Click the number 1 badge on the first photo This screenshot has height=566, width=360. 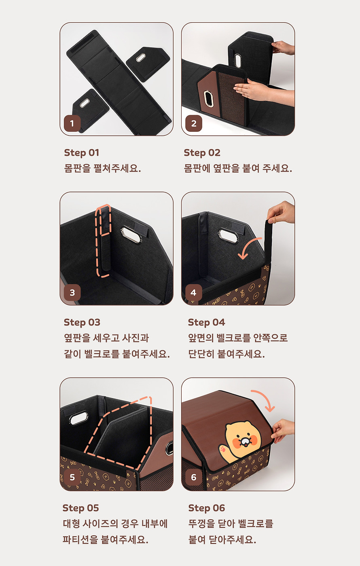72,124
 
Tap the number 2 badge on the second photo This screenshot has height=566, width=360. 194,124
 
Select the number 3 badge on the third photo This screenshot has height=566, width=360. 72,293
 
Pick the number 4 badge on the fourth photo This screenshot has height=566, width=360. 194,293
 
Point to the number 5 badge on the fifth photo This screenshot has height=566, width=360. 72,477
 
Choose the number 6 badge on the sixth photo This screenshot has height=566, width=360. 194,477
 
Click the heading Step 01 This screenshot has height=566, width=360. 81,153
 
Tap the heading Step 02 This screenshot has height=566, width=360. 202,153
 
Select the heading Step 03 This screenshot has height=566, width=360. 82,323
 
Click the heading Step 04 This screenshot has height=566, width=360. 206,323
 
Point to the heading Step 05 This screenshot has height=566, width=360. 80,508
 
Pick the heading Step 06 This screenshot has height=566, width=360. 206,508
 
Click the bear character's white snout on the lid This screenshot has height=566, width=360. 244,441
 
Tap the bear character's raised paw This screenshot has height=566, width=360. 223,450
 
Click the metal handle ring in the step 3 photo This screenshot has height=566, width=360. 131,235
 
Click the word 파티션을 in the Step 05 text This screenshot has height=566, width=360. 80,540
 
